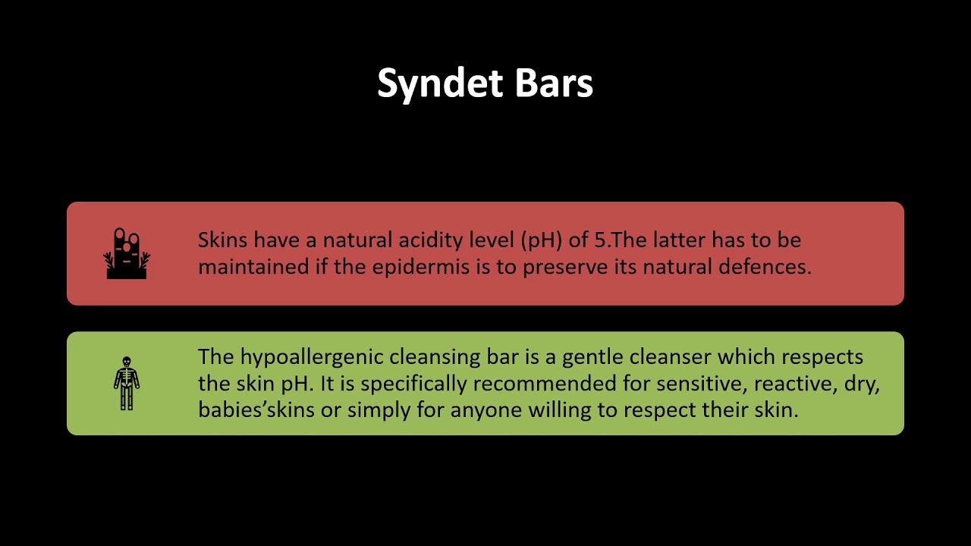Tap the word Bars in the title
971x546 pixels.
pyautogui.click(x=554, y=83)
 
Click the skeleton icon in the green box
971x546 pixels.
pyautogui.click(x=127, y=383)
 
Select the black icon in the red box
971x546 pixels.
pyautogui.click(x=127, y=253)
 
